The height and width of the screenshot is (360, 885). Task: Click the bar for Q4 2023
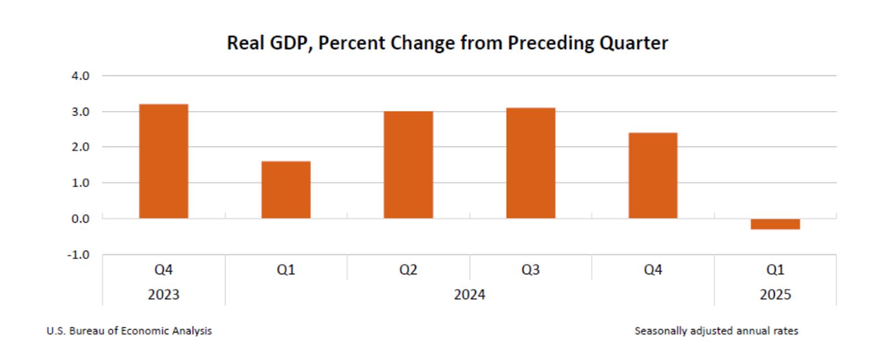pyautogui.click(x=164, y=161)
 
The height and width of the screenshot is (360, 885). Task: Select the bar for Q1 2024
pyautogui.click(x=286, y=190)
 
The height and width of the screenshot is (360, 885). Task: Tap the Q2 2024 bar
pyautogui.click(x=409, y=165)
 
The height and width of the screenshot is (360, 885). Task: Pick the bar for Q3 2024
pyautogui.click(x=530, y=163)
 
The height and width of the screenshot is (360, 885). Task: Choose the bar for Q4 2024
pyautogui.click(x=653, y=175)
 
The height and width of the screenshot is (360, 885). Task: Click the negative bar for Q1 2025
pyautogui.click(x=775, y=224)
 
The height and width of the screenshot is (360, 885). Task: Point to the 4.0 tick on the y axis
pyautogui.click(x=80, y=76)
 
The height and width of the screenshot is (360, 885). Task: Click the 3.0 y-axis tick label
pyautogui.click(x=80, y=112)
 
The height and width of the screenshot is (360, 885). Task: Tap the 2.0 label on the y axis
pyautogui.click(x=80, y=147)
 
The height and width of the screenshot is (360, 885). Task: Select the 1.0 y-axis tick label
pyautogui.click(x=80, y=183)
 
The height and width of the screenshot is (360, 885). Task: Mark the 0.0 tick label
pyautogui.click(x=80, y=219)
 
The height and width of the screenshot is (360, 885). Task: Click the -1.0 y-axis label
pyautogui.click(x=78, y=255)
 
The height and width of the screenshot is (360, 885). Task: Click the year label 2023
pyautogui.click(x=164, y=295)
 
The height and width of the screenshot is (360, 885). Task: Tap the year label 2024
pyautogui.click(x=470, y=295)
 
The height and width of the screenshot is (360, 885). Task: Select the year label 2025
pyautogui.click(x=775, y=295)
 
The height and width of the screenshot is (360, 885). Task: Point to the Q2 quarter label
pyautogui.click(x=408, y=270)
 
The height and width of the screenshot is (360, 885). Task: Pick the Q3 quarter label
pyautogui.click(x=530, y=270)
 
